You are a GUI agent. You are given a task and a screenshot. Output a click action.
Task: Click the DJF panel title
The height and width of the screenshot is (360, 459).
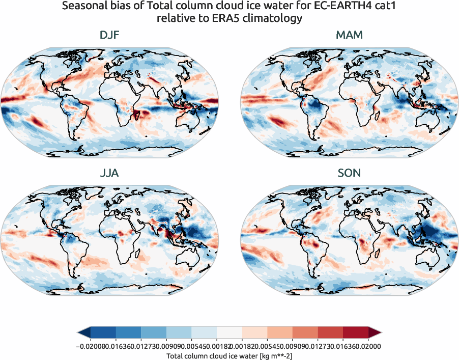[x=110, y=36]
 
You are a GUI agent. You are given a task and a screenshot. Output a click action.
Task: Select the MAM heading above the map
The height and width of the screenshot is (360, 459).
[x=349, y=36]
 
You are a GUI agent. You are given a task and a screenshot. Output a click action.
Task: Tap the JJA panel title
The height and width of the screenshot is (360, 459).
[x=110, y=173]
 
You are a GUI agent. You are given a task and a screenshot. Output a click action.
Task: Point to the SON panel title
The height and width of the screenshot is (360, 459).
[x=349, y=173]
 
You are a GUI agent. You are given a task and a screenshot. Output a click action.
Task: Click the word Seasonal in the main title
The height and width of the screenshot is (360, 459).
[x=83, y=7]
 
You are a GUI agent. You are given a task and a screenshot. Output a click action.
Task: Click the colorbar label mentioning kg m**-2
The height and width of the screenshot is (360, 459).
[x=229, y=355]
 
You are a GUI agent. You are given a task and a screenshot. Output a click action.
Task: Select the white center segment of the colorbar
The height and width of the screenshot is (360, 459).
[x=229, y=333]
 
